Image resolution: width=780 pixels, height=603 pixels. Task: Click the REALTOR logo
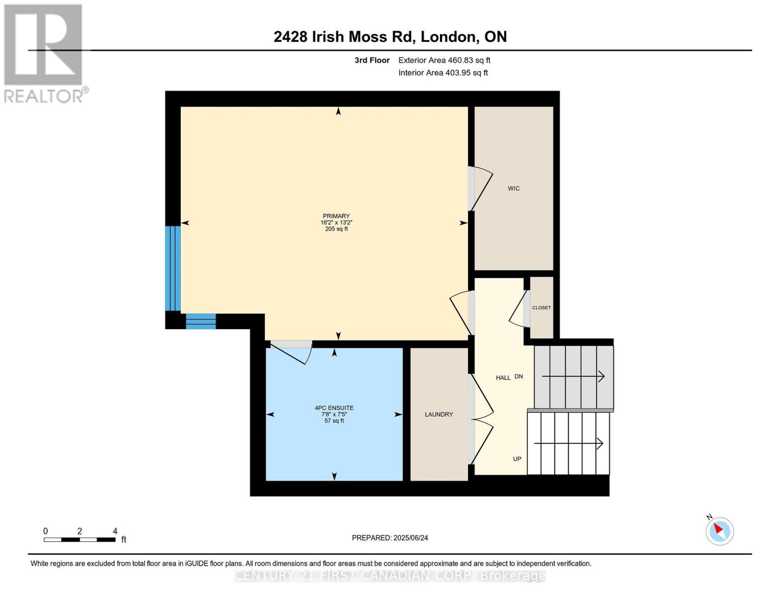click(x=44, y=53)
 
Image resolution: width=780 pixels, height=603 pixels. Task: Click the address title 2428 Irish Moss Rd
click(x=390, y=37)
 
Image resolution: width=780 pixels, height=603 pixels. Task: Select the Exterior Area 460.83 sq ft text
click(x=444, y=60)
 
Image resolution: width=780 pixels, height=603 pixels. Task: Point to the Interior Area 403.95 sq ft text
click(x=443, y=73)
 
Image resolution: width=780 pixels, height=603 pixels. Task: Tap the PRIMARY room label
click(x=336, y=216)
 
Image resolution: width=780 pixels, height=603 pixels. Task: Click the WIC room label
click(x=513, y=188)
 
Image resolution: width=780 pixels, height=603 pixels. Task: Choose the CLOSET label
click(x=541, y=308)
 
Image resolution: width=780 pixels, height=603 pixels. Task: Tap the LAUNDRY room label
click(x=438, y=415)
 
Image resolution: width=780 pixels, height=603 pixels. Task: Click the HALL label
click(x=503, y=377)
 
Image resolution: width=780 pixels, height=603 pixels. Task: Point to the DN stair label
click(x=519, y=376)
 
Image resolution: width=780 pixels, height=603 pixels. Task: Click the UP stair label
click(x=517, y=459)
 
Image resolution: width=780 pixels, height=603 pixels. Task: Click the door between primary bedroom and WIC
click(x=480, y=189)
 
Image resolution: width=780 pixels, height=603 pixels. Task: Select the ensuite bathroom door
click(x=291, y=350)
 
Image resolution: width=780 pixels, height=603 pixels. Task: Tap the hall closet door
click(x=518, y=309)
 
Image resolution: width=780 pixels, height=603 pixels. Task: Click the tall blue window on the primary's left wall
click(x=172, y=268)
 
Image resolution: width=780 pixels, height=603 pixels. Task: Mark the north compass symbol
click(x=719, y=531)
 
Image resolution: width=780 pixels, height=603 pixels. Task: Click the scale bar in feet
click(x=79, y=540)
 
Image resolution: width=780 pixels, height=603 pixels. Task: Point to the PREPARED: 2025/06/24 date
click(x=390, y=538)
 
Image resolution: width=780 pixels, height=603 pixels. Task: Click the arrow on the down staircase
click(x=573, y=376)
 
